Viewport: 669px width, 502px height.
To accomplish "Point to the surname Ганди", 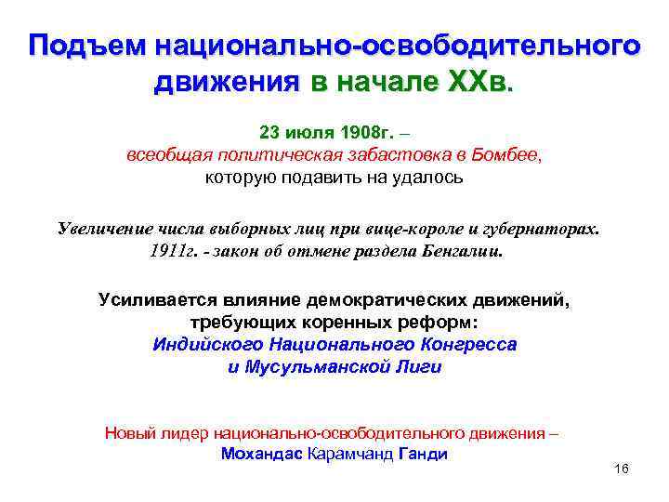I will pos(422,455).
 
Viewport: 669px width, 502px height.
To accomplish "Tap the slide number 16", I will pos(622,470).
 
